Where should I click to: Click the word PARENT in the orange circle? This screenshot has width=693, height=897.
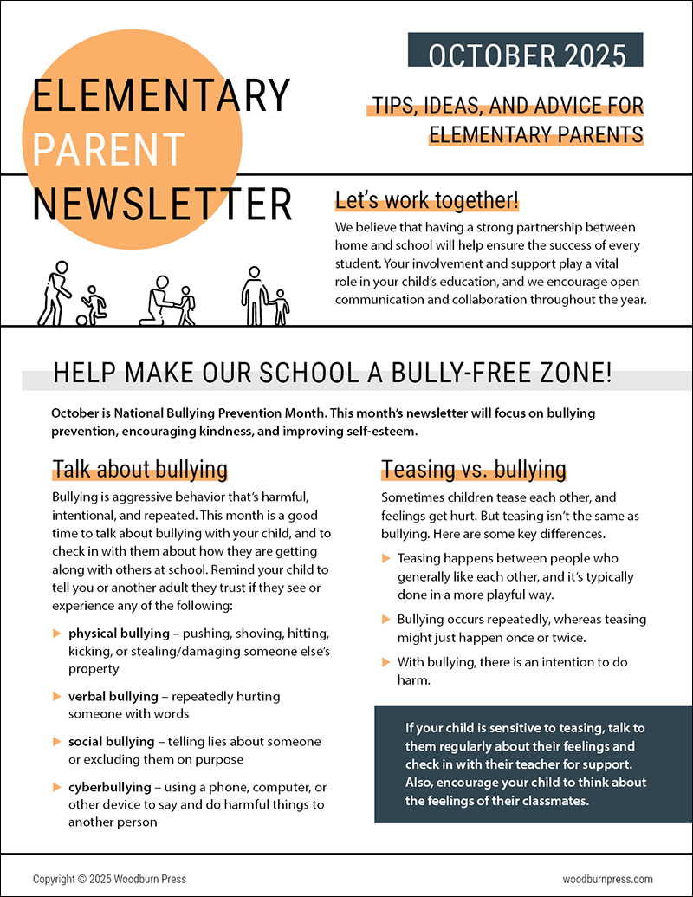coord(109,149)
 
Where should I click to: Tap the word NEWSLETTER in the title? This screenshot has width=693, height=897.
coord(162,203)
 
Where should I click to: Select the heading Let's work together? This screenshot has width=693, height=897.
coord(427,201)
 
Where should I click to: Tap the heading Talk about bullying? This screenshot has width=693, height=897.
coord(139,470)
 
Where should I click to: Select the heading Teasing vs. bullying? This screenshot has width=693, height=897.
coord(474,470)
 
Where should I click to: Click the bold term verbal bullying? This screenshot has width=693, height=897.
coord(113,696)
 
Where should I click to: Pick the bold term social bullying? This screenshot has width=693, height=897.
coord(112,742)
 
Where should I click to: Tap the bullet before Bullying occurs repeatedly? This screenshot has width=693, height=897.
coord(386,620)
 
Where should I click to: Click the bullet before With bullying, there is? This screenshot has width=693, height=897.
coord(386,662)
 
